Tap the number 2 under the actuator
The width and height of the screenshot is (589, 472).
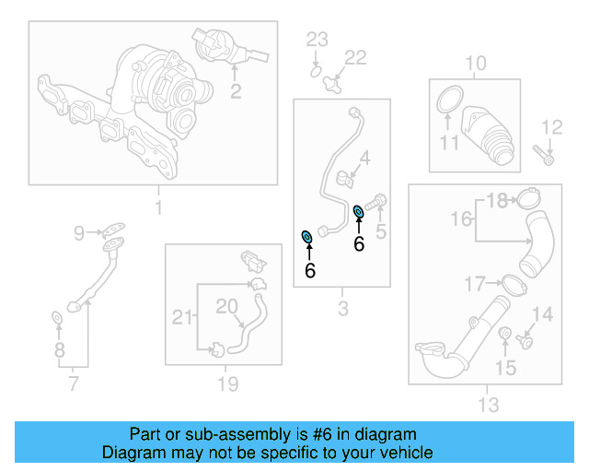(x=236, y=90)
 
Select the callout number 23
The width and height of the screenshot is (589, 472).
(x=317, y=40)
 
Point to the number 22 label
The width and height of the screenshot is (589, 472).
(x=354, y=58)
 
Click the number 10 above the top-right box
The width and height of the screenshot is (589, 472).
(x=475, y=64)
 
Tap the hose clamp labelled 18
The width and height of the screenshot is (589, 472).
(x=527, y=198)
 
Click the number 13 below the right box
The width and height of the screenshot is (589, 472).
(x=487, y=404)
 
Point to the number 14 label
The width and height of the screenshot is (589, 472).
(x=542, y=314)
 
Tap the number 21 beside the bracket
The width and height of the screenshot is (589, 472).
(x=183, y=318)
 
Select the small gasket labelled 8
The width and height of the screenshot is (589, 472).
(x=57, y=319)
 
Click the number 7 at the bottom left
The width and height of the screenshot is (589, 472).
(x=73, y=383)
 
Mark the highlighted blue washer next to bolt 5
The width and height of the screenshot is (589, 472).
(x=359, y=213)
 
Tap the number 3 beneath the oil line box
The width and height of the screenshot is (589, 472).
(x=342, y=309)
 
